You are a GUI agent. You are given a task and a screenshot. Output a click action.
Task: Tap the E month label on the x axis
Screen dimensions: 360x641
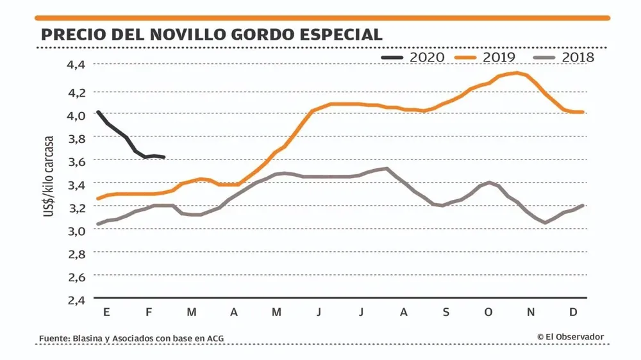click(106, 312)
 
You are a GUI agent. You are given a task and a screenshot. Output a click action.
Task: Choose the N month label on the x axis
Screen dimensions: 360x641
click(531, 312)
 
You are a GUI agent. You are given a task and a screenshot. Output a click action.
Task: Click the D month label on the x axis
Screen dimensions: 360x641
click(574, 312)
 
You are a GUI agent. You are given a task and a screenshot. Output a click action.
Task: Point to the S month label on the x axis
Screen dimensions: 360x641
click(445, 312)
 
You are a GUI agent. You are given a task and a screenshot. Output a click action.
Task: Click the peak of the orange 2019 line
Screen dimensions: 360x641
click(517, 72)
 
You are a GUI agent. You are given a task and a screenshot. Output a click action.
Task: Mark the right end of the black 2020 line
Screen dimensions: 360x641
click(164, 157)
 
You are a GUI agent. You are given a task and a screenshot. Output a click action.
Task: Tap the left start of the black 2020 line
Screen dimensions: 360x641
click(97, 111)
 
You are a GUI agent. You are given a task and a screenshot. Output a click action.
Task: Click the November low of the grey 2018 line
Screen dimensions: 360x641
click(545, 223)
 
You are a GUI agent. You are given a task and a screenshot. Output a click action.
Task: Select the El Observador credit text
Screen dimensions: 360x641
click(570, 337)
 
